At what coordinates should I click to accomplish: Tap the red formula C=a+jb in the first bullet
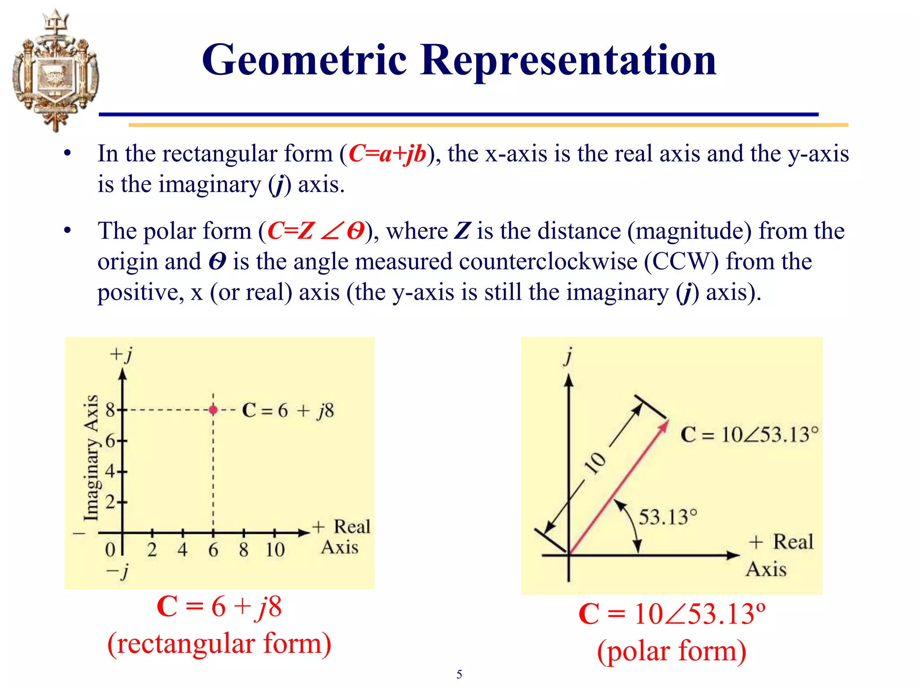(387, 154)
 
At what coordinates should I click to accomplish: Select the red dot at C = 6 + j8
(213, 410)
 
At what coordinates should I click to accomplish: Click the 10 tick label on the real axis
(275, 550)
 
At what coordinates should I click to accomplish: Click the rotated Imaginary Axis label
(91, 458)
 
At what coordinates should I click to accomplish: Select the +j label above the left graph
(121, 354)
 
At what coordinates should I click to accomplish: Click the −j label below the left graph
(118, 572)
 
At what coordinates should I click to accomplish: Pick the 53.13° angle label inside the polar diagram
(668, 517)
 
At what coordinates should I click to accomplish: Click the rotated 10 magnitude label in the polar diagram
(596, 463)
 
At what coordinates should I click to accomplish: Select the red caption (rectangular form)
(219, 644)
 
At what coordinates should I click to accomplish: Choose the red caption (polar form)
(671, 651)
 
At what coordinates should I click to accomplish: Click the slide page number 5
(459, 674)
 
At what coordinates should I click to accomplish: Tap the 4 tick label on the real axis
(182, 550)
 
